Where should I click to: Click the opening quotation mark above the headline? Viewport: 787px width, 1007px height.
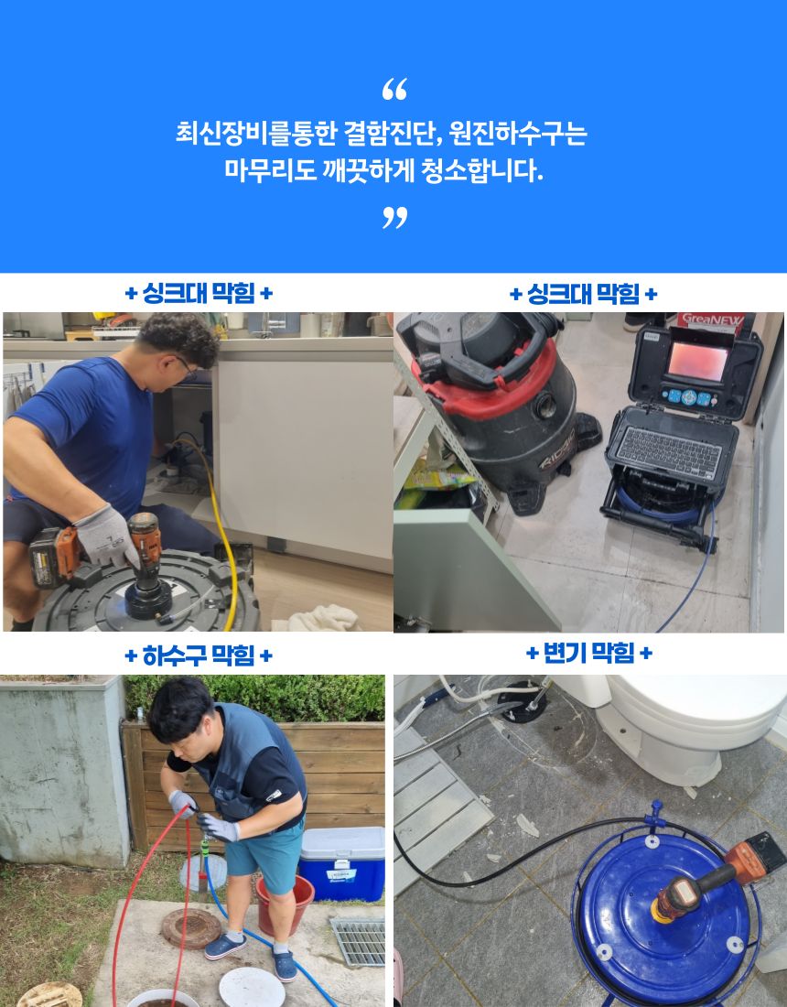tap(394, 90)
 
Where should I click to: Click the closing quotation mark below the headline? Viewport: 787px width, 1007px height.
tap(394, 218)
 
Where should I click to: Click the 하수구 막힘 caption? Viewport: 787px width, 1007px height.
tap(199, 655)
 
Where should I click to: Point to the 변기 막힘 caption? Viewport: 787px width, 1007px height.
tap(588, 653)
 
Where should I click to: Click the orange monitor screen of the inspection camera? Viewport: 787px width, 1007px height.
tap(697, 361)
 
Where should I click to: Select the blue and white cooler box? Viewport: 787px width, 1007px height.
tap(341, 862)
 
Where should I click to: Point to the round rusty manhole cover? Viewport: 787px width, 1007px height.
tap(190, 928)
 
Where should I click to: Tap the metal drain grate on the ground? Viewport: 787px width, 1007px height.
tap(358, 941)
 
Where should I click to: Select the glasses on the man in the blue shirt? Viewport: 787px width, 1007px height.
tap(186, 368)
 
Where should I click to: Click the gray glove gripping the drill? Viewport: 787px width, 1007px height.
tap(106, 536)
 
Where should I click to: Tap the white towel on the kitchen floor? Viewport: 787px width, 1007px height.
tap(317, 619)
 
